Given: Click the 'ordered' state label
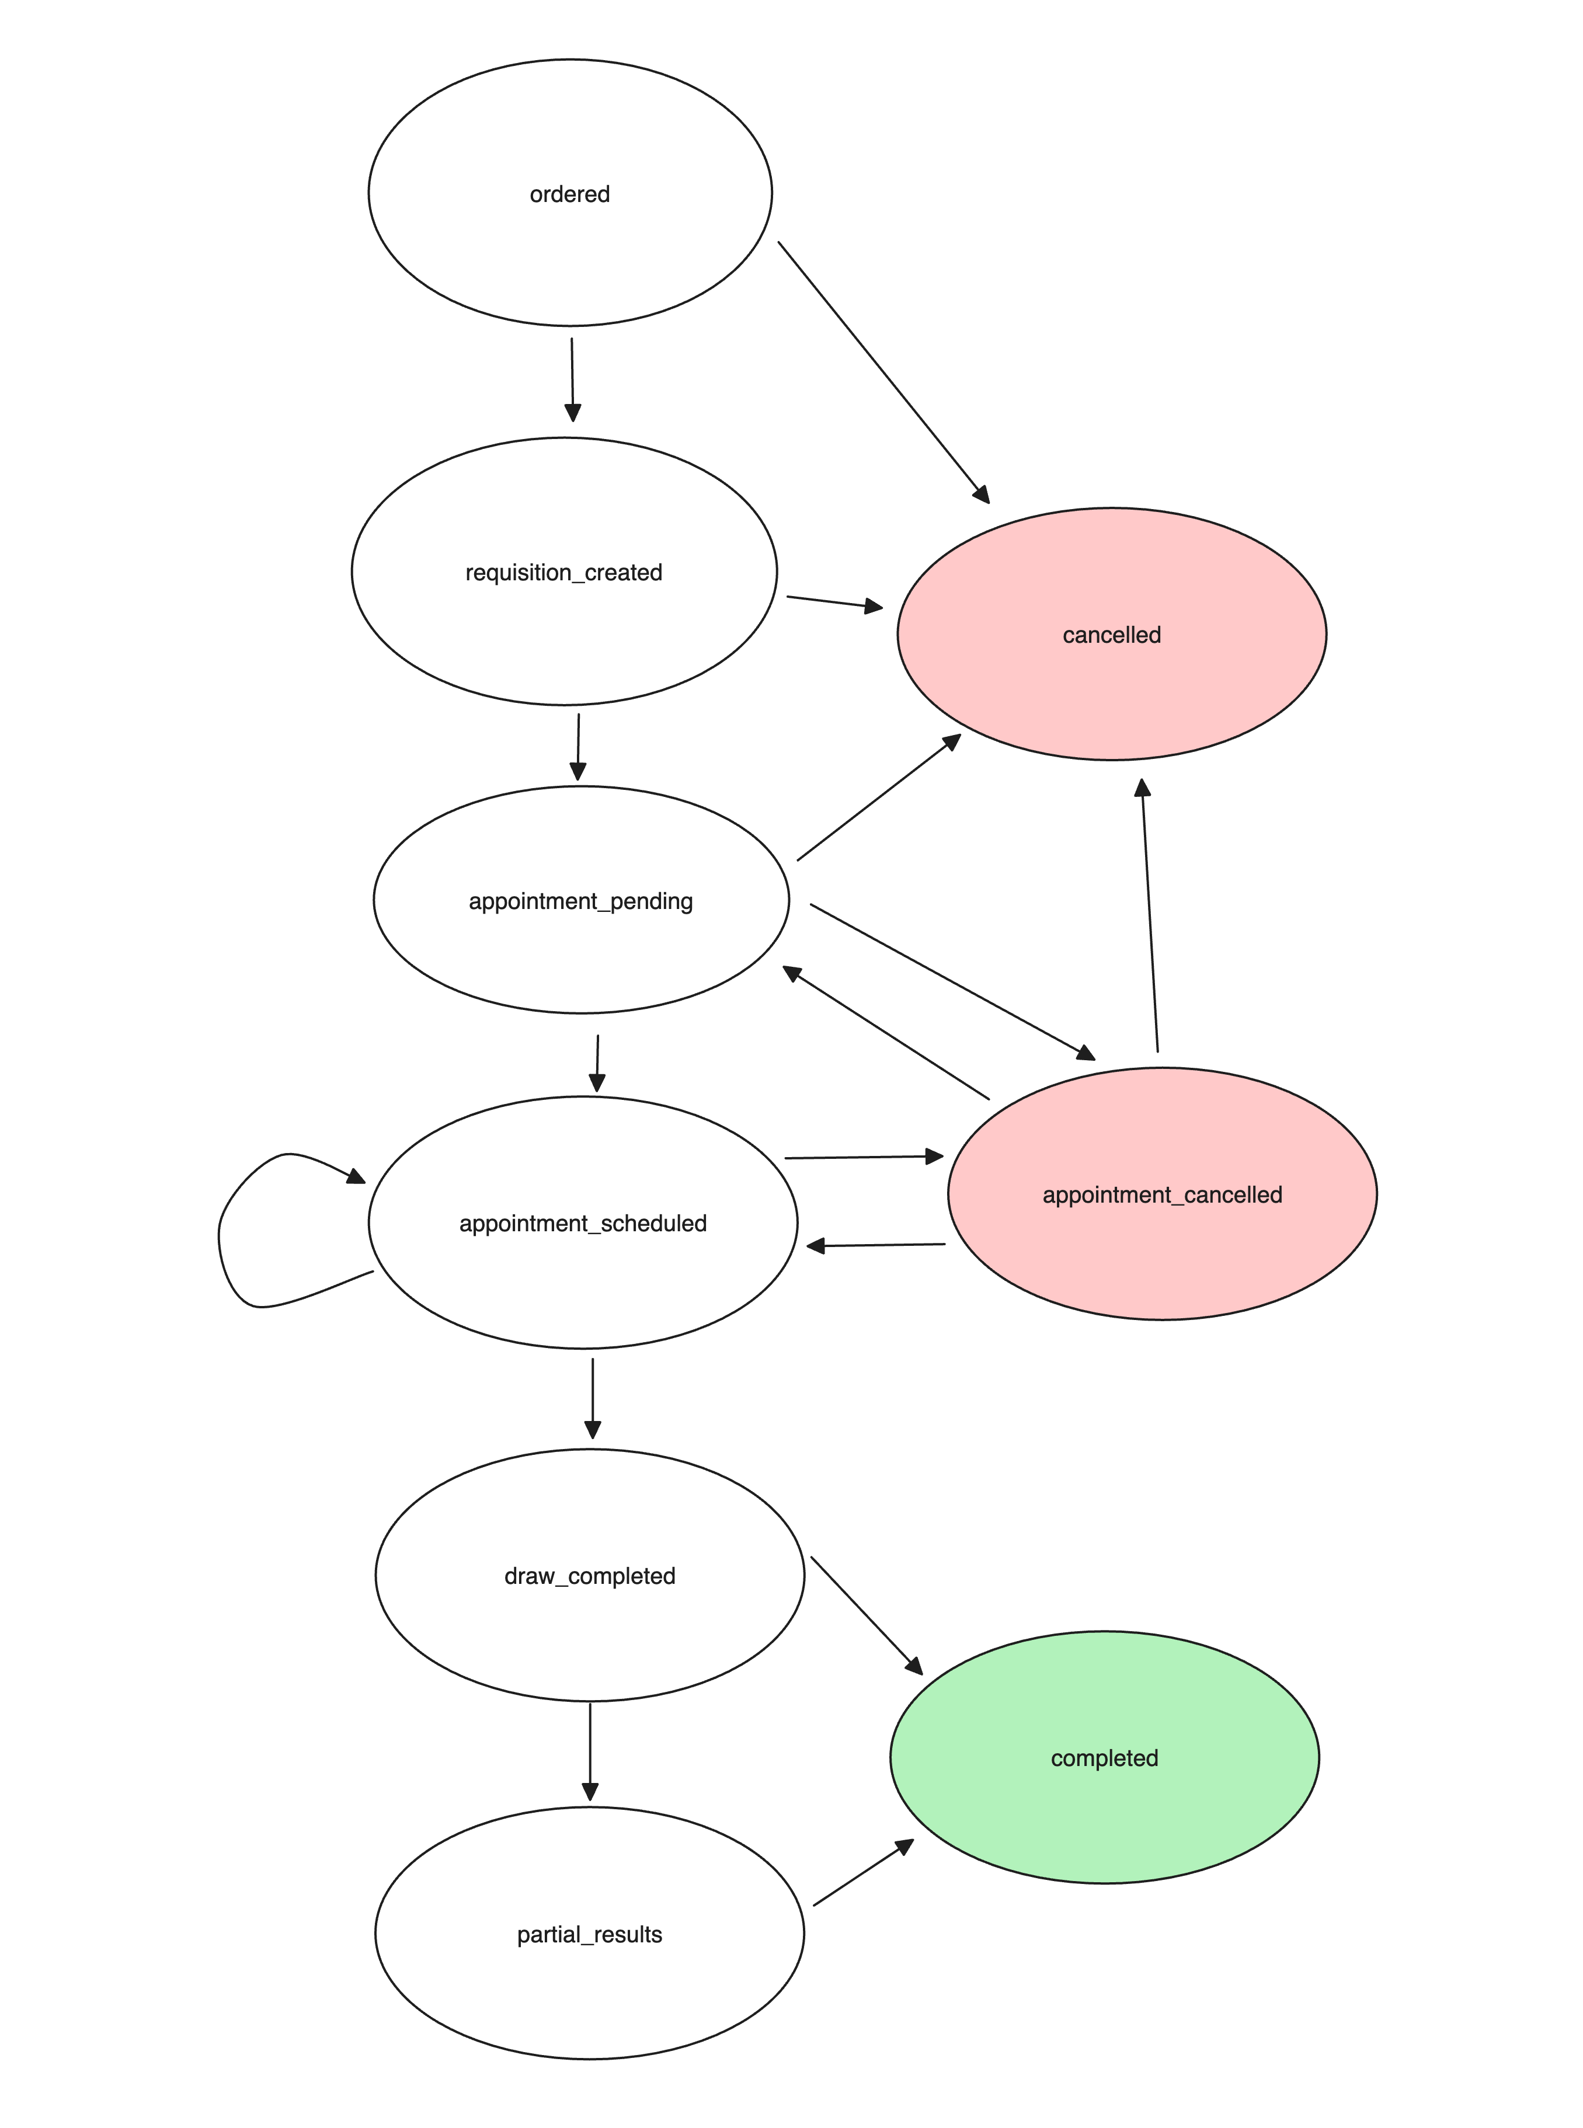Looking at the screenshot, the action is click(569, 194).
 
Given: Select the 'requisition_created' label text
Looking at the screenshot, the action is click(563, 573).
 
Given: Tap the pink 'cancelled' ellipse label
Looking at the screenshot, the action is click(1112, 635).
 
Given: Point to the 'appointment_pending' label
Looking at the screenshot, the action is click(580, 901).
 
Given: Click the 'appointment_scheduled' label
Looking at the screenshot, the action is click(583, 1224).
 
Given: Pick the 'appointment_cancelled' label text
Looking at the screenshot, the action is click(1163, 1195).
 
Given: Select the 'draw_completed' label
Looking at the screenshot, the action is click(589, 1576).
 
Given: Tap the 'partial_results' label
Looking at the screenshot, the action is click(589, 1934).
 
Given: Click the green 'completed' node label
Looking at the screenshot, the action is click(1104, 1758).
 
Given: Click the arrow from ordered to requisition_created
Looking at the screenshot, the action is click(572, 379).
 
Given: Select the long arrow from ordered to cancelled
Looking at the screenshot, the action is click(883, 372).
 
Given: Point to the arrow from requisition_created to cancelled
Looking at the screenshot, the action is click(834, 602).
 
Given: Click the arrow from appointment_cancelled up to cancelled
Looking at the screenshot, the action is click(1149, 915).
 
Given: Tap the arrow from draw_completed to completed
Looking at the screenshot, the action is click(867, 1615).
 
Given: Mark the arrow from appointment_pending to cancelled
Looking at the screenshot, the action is click(879, 797).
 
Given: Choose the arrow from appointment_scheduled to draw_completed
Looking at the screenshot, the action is click(592, 1398).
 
